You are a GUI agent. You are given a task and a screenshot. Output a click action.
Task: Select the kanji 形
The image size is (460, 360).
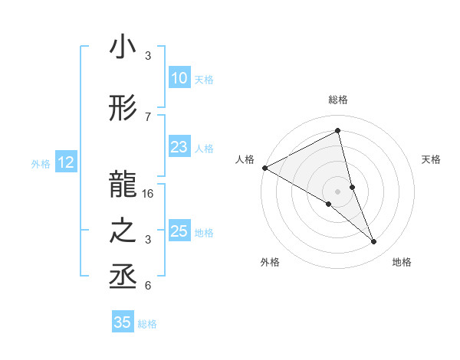pyautogui.click(x=123, y=110)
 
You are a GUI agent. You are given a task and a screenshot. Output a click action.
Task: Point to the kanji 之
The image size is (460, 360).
pyautogui.click(x=123, y=231)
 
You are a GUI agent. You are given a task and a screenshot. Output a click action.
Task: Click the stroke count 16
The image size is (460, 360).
pyautogui.click(x=149, y=194)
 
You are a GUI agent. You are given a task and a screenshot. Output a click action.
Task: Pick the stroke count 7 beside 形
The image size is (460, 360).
pyautogui.click(x=148, y=117)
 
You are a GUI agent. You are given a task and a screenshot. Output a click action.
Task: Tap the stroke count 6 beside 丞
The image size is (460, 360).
pyautogui.click(x=148, y=286)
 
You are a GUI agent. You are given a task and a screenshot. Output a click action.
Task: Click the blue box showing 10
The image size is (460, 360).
pyautogui.click(x=179, y=78)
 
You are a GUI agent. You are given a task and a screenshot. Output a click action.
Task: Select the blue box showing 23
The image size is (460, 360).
pyautogui.click(x=179, y=148)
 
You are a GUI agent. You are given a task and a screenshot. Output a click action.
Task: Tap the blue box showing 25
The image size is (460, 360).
pyautogui.click(x=179, y=231)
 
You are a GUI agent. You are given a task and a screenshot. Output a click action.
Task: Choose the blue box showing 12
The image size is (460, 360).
pyautogui.click(x=65, y=162)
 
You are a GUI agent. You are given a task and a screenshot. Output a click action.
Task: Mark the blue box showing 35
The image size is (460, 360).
pyautogui.click(x=123, y=322)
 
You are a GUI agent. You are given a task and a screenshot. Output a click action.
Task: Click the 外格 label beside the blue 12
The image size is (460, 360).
pyautogui.click(x=41, y=163)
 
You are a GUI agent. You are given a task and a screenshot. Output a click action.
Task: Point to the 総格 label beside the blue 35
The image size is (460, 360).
pyautogui.click(x=147, y=324)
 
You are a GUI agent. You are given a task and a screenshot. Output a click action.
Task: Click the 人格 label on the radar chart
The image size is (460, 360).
pyautogui.click(x=245, y=159)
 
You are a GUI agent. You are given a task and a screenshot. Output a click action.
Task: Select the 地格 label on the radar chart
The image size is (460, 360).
pyautogui.click(x=402, y=262)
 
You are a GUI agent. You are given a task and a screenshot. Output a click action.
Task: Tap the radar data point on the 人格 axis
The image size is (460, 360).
pyautogui.click(x=264, y=168)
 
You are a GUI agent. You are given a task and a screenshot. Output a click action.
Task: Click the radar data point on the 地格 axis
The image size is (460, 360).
pyautogui.click(x=374, y=242)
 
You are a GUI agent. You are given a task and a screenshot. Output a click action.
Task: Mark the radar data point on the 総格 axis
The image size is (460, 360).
pyautogui.click(x=337, y=130)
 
